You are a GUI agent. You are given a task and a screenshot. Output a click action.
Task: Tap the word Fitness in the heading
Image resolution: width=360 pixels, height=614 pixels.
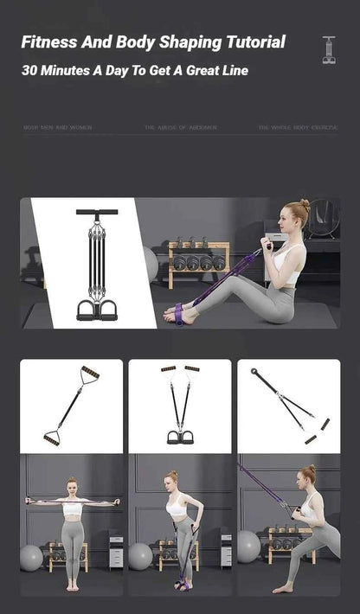click(50, 42)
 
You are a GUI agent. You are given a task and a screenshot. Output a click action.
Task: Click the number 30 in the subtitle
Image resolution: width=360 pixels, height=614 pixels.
click(30, 71)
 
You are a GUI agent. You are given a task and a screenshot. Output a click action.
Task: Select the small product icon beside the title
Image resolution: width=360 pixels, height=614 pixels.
click(329, 49)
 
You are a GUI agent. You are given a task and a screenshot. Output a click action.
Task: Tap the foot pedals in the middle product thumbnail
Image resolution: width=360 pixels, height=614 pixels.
click(179, 437)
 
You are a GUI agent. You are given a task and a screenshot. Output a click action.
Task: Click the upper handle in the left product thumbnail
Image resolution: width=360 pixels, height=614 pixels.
click(89, 374)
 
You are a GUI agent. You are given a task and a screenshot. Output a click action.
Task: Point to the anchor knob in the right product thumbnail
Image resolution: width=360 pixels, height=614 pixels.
click(255, 372)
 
